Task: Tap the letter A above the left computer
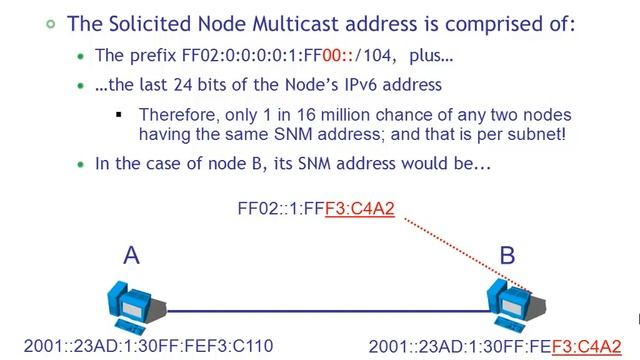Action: (x=131, y=256)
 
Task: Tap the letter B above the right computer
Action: (x=507, y=256)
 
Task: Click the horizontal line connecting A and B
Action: (x=320, y=310)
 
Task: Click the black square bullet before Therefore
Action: (x=119, y=114)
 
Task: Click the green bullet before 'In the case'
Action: (x=81, y=163)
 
